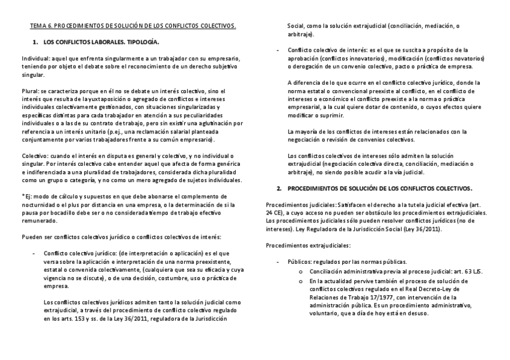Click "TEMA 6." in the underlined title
coord(41,26)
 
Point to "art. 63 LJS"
coord(452,270)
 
